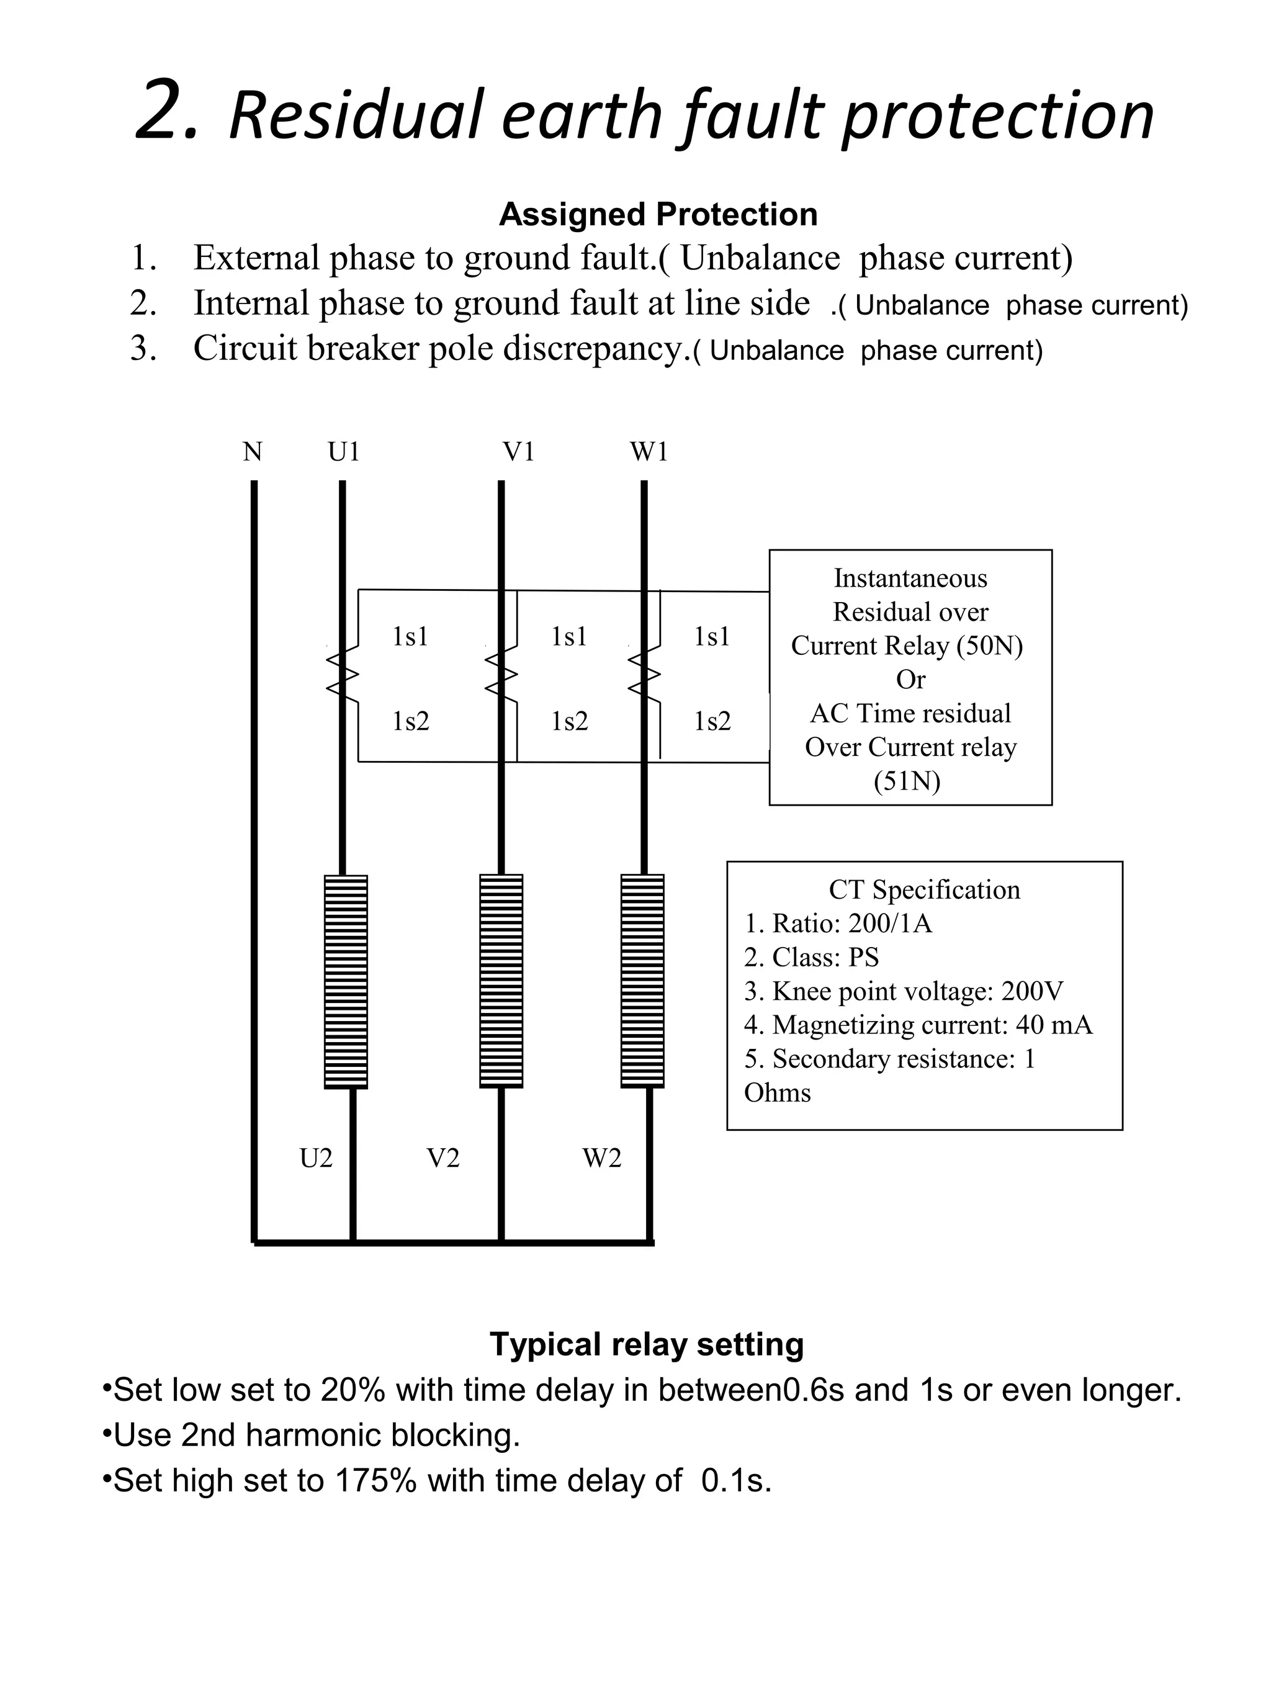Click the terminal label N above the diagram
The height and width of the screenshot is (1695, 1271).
point(252,452)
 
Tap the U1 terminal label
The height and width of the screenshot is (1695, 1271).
point(344,452)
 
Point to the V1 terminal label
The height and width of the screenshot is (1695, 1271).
point(518,452)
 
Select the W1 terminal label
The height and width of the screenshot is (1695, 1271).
point(649,452)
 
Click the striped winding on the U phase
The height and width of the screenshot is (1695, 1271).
point(346,981)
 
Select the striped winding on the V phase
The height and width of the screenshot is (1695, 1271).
point(501,981)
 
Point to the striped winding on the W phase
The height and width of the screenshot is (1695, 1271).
point(642,981)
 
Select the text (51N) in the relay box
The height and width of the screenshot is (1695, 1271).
point(907,781)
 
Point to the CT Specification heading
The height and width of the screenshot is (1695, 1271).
point(924,889)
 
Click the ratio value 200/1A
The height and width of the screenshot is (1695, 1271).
point(889,924)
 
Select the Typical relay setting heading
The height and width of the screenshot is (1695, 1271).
point(647,1344)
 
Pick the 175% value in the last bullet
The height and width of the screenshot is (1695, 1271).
point(375,1480)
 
